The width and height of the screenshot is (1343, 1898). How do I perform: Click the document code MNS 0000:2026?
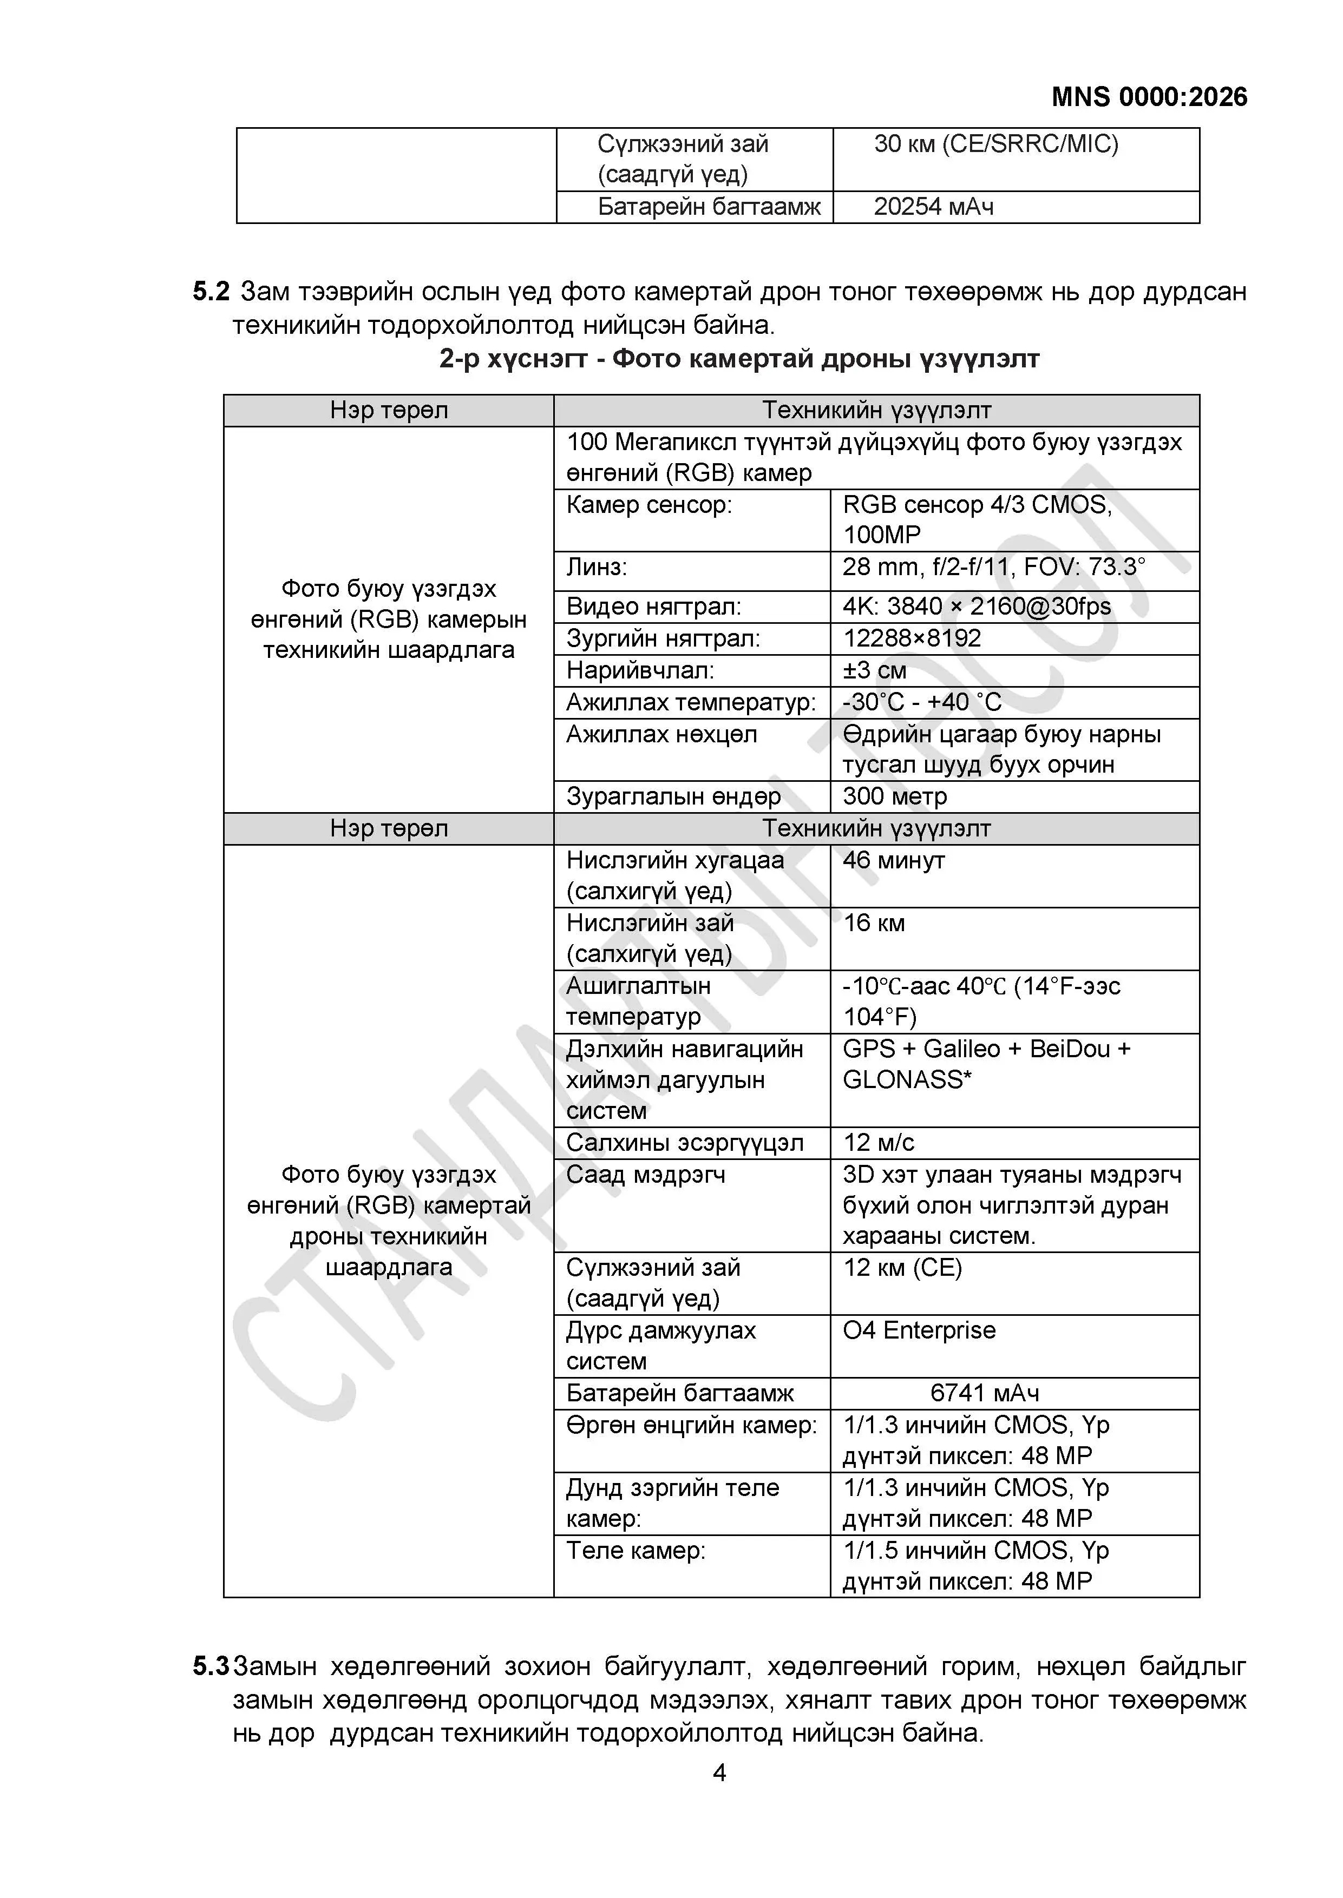[x=1149, y=97]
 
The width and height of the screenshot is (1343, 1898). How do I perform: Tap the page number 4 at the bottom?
[x=719, y=1772]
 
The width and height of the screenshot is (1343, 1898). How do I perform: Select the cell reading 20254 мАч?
[x=933, y=207]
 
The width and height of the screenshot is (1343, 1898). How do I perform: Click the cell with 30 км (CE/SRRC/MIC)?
[x=995, y=144]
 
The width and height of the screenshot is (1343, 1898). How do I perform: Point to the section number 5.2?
[x=211, y=291]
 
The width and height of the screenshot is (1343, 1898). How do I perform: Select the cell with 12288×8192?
[x=912, y=638]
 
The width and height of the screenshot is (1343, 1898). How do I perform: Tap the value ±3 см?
[x=874, y=670]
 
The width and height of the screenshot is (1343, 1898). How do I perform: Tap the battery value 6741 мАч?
[x=984, y=1393]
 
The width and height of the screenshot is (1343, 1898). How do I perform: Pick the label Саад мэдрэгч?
[x=645, y=1175]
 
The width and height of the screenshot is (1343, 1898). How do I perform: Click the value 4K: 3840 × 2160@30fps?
[x=977, y=607]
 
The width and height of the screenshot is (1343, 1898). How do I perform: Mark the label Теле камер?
[x=635, y=1550]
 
